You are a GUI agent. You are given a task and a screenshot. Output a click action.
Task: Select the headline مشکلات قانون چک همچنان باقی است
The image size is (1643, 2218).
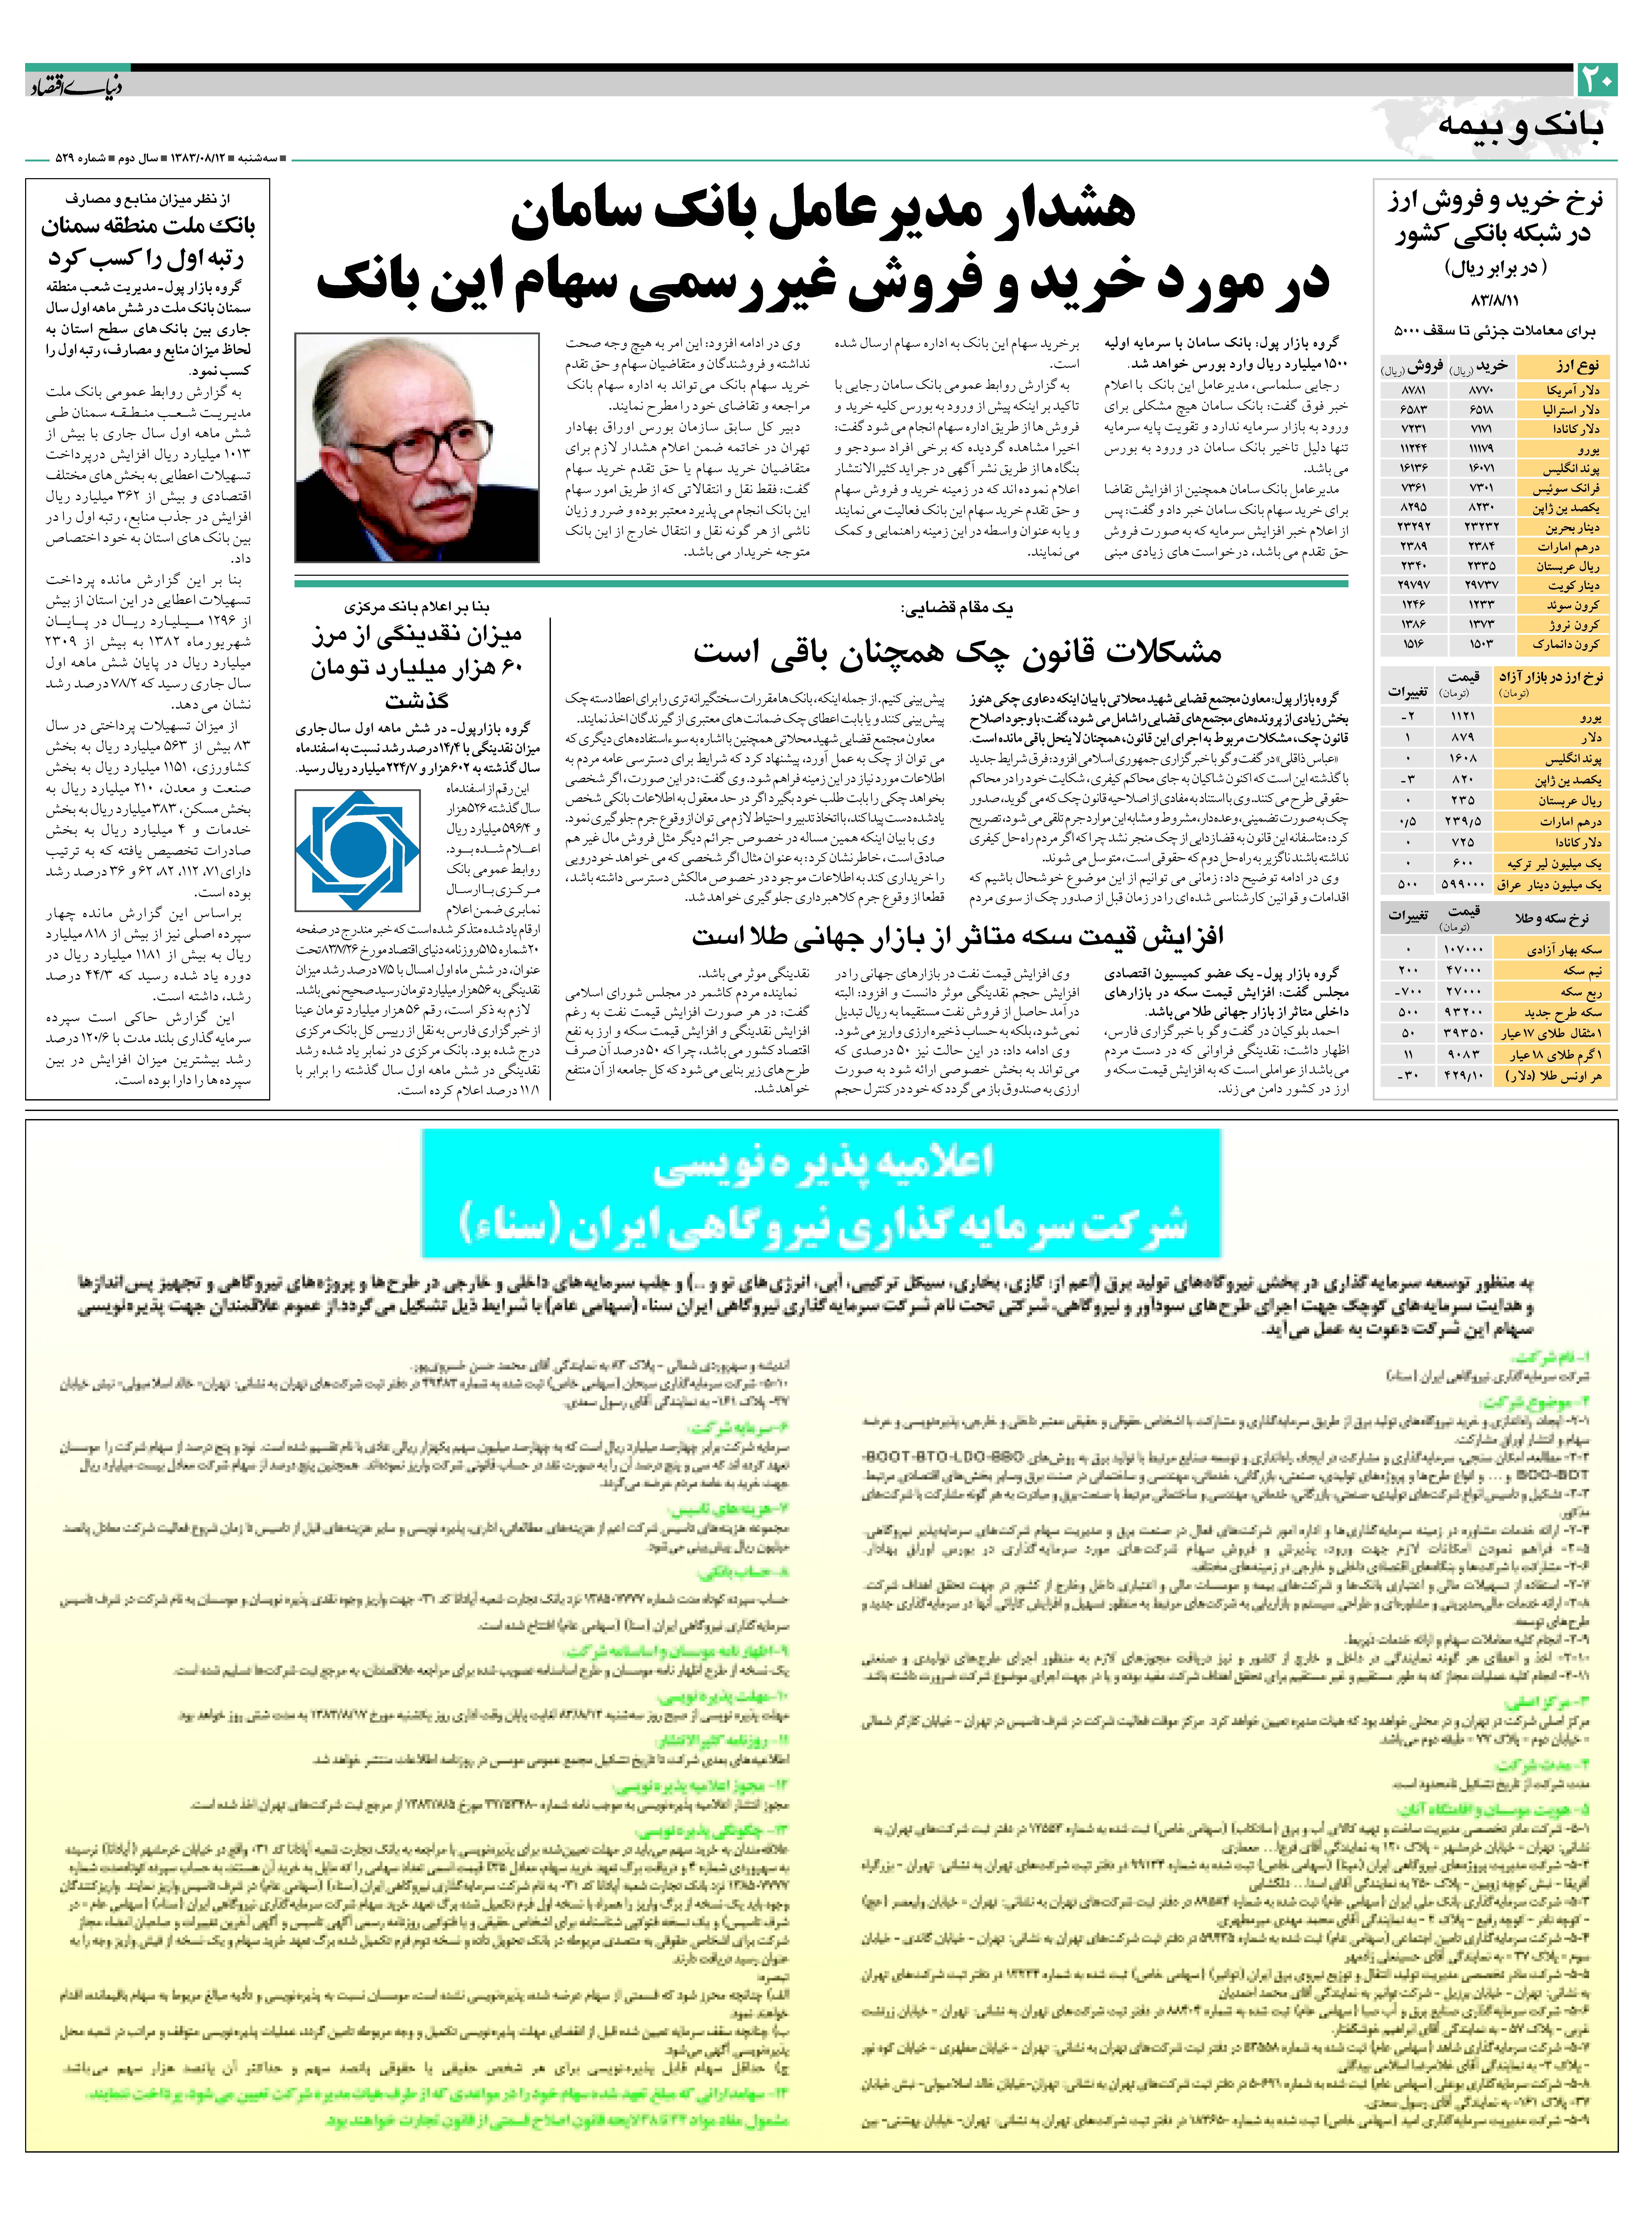tap(957, 652)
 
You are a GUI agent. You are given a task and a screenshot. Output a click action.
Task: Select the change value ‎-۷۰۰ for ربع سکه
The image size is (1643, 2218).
tap(1408, 992)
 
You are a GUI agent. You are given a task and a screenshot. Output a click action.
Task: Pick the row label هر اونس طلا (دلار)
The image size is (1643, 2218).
tap(1554, 1076)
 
